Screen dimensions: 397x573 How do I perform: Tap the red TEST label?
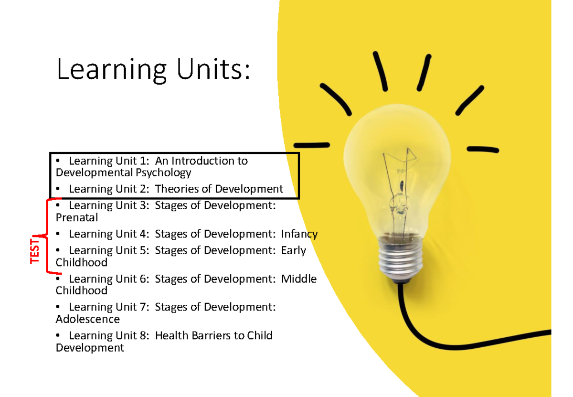coord(35,249)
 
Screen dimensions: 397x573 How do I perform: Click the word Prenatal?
coord(76,218)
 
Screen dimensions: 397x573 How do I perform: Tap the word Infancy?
coord(299,234)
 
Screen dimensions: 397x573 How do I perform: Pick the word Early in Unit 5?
coord(294,250)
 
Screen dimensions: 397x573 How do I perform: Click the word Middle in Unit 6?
coord(299,279)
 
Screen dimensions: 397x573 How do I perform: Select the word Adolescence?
coord(88,319)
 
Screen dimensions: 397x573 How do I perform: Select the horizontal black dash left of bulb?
coord(311,145)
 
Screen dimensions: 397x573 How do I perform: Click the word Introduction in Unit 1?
coord(202,161)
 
